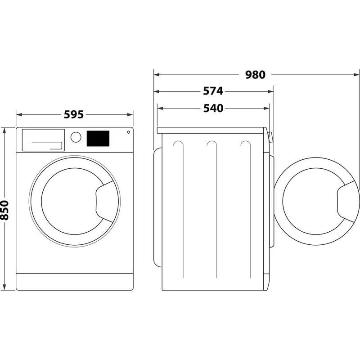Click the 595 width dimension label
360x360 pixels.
(74, 114)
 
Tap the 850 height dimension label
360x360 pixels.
(5, 210)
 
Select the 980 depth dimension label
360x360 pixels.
(255, 75)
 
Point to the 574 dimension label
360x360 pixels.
(212, 91)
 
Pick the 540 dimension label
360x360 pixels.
(212, 108)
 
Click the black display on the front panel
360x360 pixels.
(98, 138)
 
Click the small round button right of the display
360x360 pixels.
(128, 132)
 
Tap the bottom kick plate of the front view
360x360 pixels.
(75, 281)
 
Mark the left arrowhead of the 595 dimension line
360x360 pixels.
(18, 114)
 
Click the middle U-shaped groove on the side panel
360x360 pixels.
(211, 144)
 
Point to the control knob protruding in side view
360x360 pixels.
(270, 137)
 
